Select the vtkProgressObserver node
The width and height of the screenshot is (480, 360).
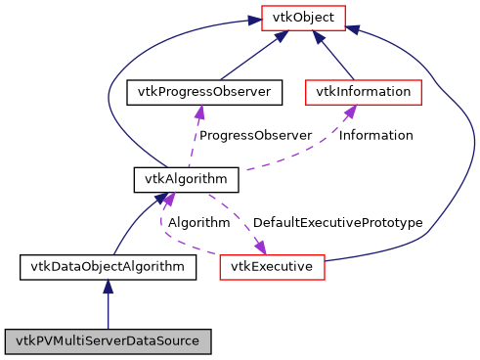point(205,92)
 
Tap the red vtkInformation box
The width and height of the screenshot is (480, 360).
point(364,92)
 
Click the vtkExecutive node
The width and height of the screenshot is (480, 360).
point(272,265)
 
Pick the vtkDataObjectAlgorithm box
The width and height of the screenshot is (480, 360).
point(109,265)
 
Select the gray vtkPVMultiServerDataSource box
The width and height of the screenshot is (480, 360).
point(109,341)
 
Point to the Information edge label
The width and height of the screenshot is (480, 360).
point(375,135)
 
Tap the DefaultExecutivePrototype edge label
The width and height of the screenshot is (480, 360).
point(337,222)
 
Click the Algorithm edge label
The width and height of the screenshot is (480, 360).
point(198,222)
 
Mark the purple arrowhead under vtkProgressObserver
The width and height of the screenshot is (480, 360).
point(199,112)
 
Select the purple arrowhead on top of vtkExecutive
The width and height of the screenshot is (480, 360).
point(261,246)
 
